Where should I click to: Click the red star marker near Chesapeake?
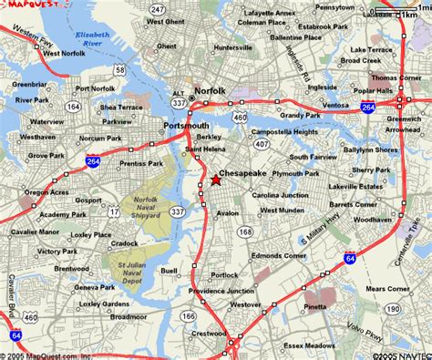click(x=216, y=180)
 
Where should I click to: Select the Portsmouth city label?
click(x=187, y=125)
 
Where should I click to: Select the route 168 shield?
click(x=245, y=233)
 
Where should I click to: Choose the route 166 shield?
click(x=188, y=315)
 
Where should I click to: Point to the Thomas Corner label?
click(x=397, y=78)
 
